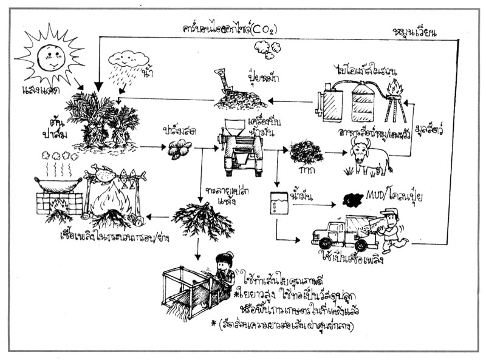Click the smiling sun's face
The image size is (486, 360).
49,56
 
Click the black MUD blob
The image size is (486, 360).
354,199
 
